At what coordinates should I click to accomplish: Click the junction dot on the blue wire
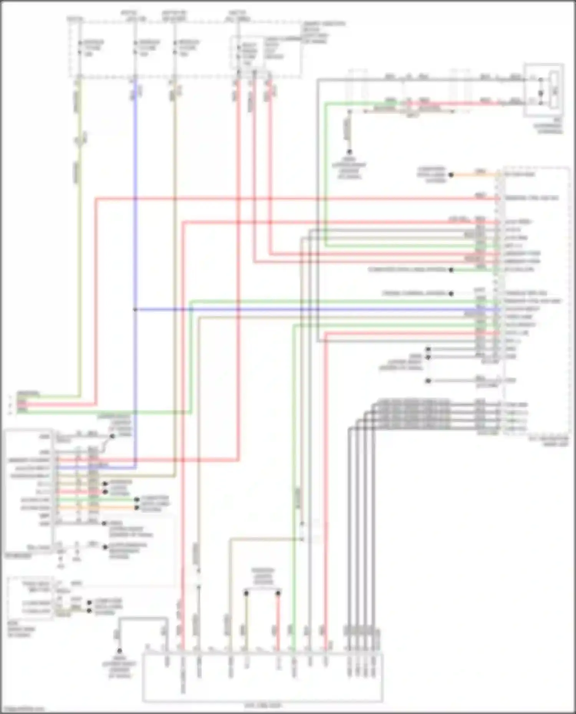(x=135, y=309)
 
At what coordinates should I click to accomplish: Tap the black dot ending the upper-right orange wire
(x=451, y=175)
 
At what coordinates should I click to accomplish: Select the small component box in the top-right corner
(x=544, y=90)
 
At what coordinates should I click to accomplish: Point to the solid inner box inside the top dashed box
(x=248, y=53)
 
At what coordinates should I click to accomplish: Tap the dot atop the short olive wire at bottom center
(x=246, y=593)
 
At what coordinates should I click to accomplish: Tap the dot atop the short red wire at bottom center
(x=278, y=593)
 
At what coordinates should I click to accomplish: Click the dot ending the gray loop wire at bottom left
(x=119, y=651)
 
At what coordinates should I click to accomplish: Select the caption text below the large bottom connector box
(x=263, y=705)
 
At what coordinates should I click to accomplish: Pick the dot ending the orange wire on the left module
(x=137, y=508)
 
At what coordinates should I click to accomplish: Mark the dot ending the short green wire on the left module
(x=137, y=500)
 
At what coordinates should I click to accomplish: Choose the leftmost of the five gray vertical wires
(x=349, y=537)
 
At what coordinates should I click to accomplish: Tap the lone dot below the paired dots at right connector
(x=428, y=381)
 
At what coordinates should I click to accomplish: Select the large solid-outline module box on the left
(x=29, y=491)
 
